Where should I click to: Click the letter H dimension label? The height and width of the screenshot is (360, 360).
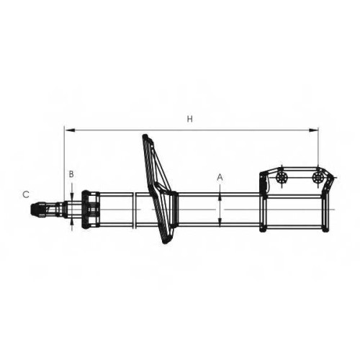[190, 119]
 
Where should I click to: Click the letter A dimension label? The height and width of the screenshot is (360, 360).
[220, 178]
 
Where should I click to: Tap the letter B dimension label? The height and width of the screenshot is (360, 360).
[71, 174]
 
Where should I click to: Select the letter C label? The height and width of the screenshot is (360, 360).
[26, 194]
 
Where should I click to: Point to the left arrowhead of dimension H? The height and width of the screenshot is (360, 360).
[70, 130]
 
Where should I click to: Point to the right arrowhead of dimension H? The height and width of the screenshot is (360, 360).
[313, 130]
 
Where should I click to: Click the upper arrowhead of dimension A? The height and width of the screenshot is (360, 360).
[220, 197]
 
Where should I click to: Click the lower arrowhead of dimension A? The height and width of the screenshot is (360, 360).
[220, 221]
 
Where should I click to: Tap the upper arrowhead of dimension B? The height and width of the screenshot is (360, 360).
[72, 197]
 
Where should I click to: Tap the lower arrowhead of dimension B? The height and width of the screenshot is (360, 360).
[72, 222]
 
